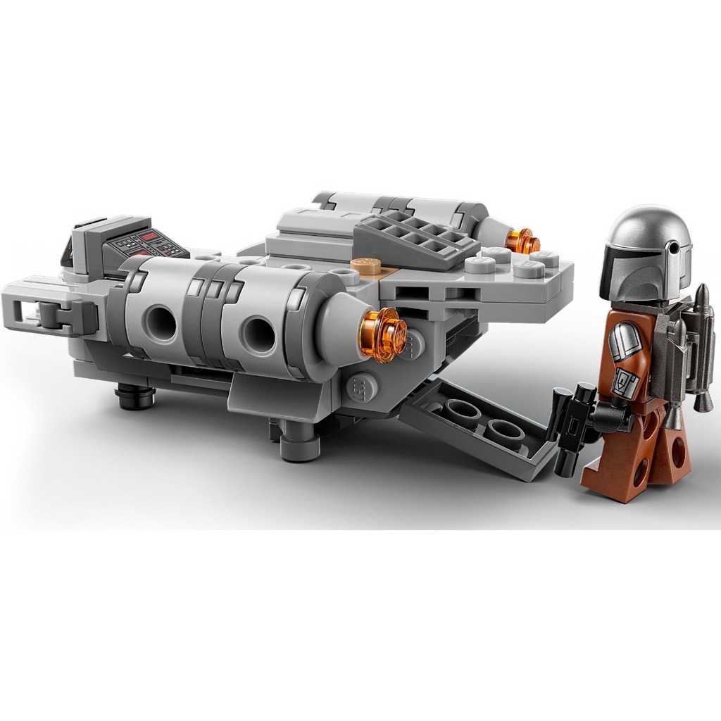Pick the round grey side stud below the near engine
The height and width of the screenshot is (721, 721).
359,385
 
